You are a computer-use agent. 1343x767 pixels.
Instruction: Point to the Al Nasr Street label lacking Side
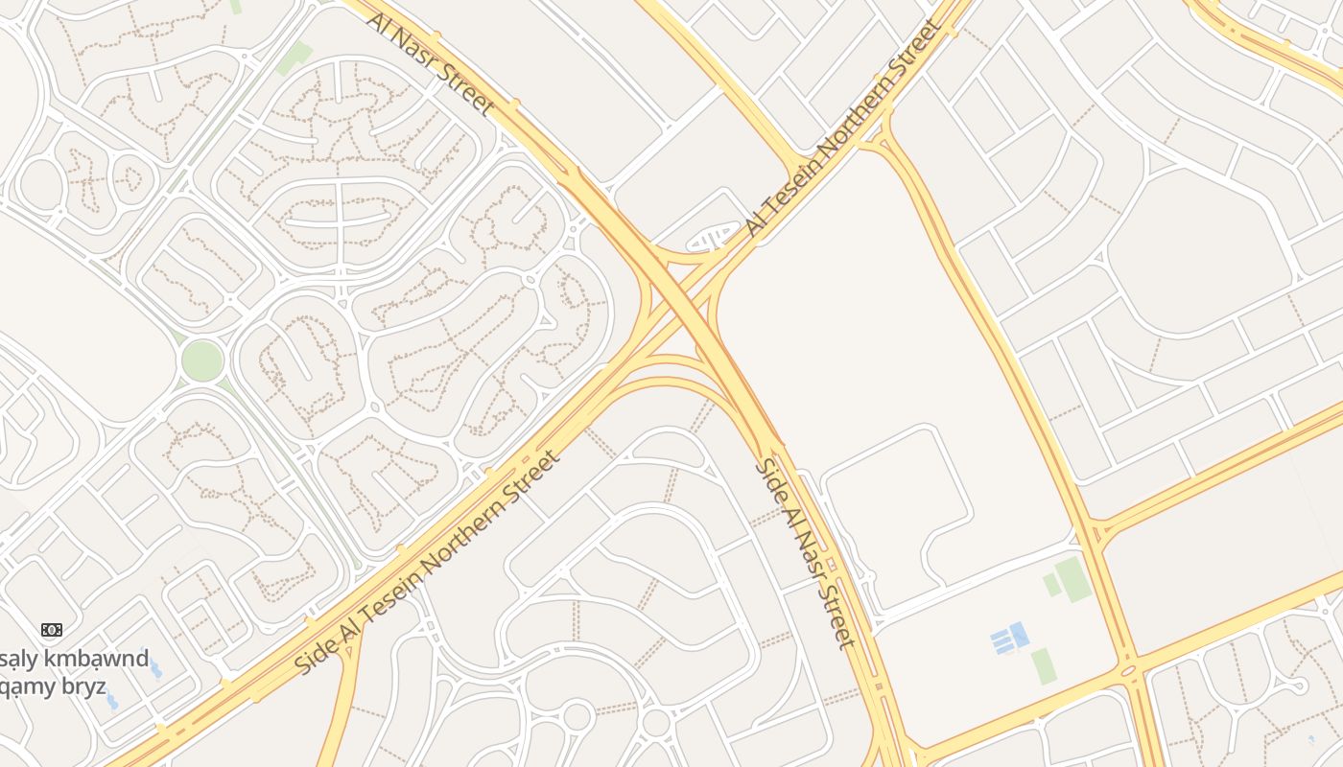pos(432,63)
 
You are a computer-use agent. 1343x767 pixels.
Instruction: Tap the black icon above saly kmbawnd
pos(52,630)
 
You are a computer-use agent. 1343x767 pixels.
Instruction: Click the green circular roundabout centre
pos(202,360)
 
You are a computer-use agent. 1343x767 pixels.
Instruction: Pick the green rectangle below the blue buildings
pos(1044,666)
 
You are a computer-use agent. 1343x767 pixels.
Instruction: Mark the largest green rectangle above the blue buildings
pos(1073,580)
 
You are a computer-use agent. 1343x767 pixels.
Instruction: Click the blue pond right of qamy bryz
pos(112,702)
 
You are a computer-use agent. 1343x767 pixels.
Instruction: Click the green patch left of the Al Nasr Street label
pos(294,58)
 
